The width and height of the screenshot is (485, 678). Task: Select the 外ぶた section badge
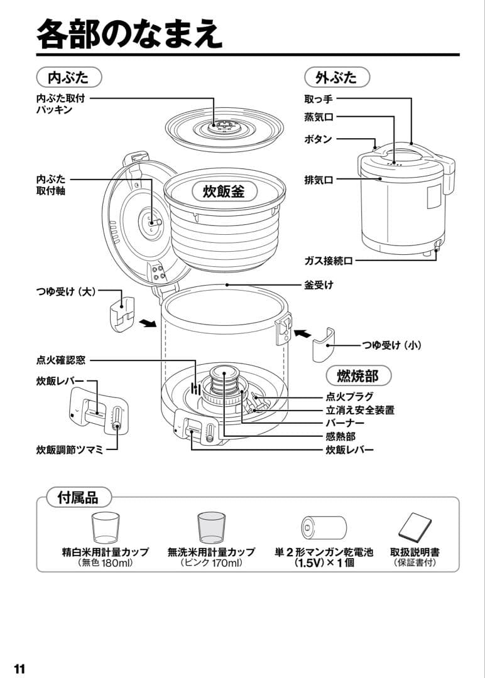tap(336, 77)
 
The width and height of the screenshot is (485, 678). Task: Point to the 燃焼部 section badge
tap(358, 375)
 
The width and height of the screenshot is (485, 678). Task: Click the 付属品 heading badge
tap(79, 497)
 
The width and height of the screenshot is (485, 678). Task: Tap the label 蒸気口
tap(319, 117)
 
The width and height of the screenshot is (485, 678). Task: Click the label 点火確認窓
tap(61, 360)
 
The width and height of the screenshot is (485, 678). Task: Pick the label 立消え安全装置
tap(360, 410)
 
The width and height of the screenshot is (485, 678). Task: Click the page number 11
tap(19, 668)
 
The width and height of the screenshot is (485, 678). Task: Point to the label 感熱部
tap(341, 436)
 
